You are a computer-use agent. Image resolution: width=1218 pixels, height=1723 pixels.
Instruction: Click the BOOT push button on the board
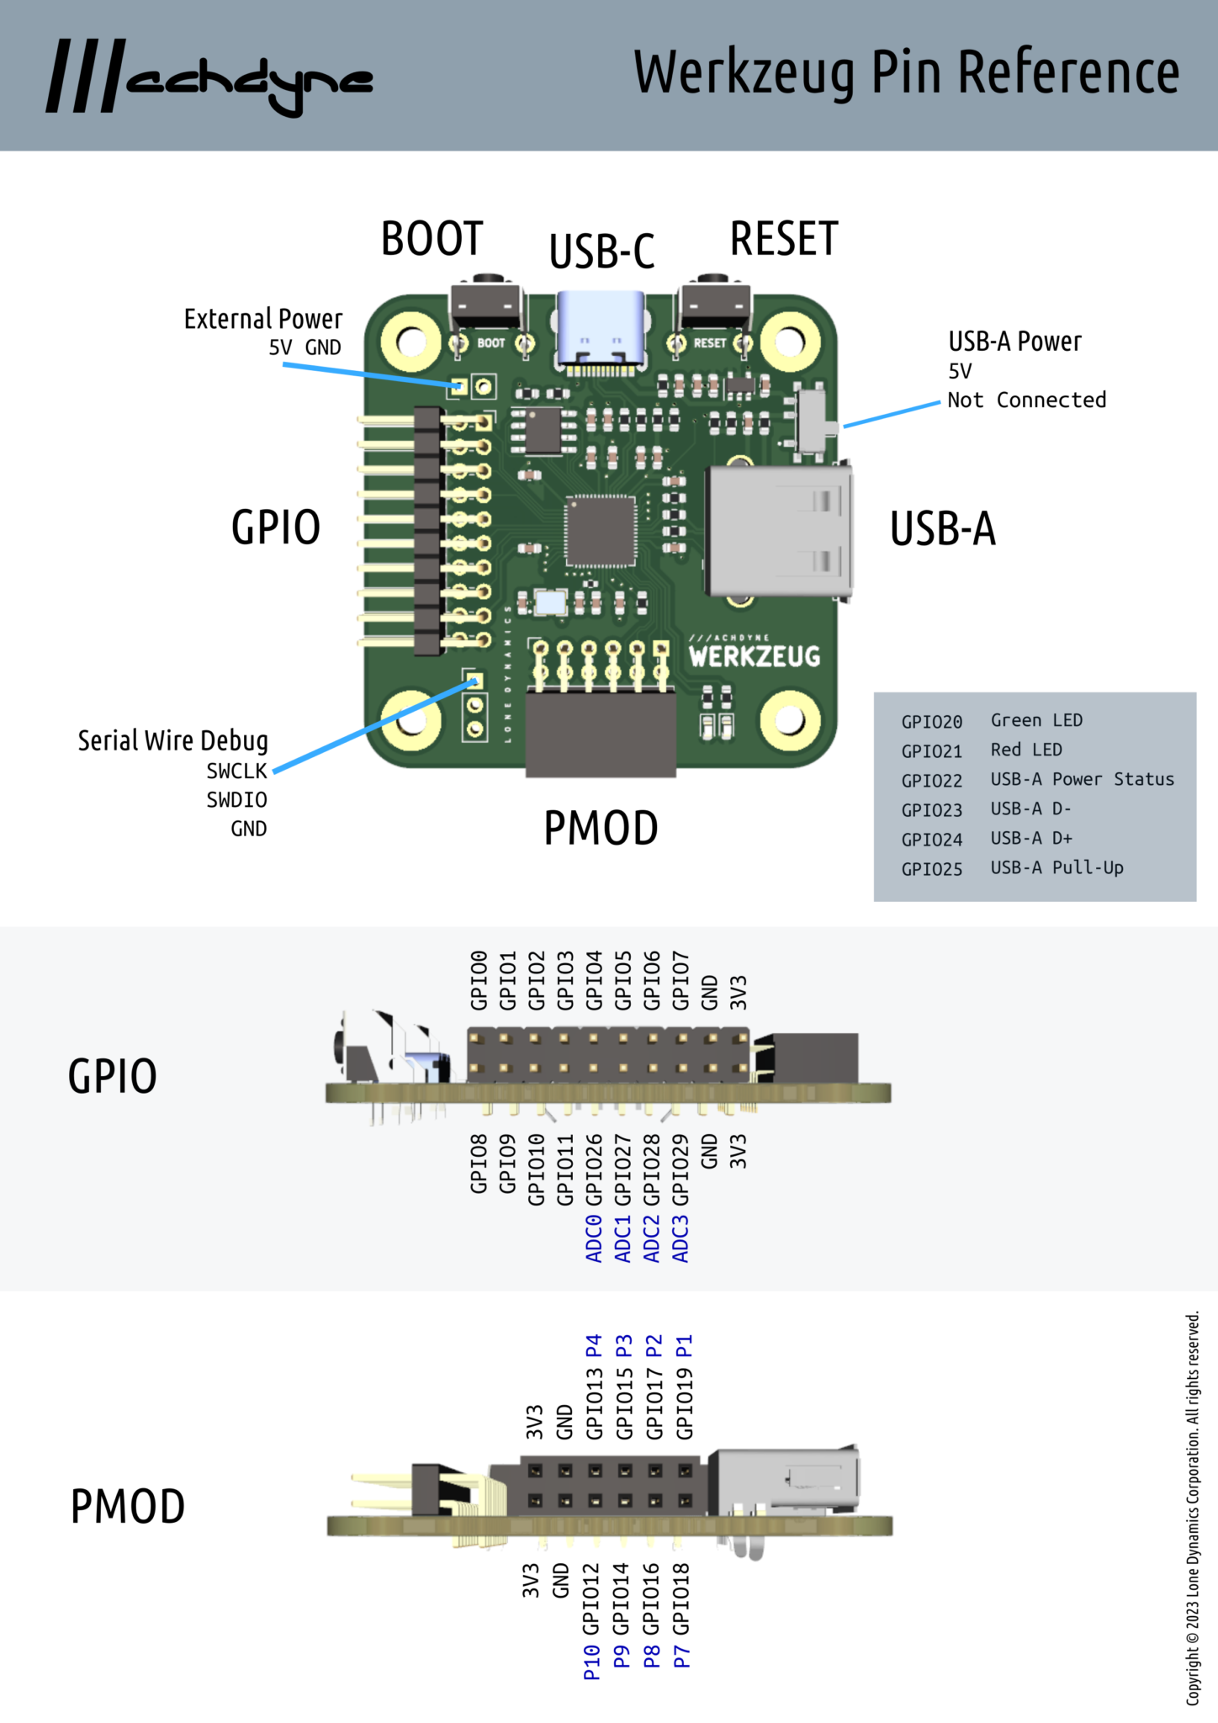click(x=486, y=305)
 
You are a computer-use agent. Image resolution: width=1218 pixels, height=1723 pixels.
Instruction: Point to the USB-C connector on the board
click(x=601, y=330)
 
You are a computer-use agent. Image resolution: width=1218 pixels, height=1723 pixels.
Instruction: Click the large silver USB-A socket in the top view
click(x=778, y=530)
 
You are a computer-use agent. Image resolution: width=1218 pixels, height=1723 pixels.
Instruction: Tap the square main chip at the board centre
click(x=600, y=531)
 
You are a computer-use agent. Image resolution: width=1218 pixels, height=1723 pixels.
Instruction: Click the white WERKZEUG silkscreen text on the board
click(x=754, y=656)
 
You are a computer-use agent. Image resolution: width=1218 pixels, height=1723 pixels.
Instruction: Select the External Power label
click(x=263, y=319)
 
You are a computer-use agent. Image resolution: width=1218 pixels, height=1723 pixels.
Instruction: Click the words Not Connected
click(x=1026, y=400)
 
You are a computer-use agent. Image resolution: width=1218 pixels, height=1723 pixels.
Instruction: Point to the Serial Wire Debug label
click(x=172, y=740)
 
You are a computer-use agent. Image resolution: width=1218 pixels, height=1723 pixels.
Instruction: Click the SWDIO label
click(x=236, y=799)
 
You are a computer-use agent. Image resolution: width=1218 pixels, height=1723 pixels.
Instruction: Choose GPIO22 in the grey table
click(x=931, y=781)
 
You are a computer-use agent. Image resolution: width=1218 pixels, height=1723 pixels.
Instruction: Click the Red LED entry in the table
click(x=1025, y=750)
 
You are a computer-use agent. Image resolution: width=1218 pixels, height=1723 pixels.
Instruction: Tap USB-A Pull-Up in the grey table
click(x=1056, y=867)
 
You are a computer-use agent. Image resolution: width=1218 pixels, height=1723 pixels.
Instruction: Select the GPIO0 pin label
click(x=479, y=980)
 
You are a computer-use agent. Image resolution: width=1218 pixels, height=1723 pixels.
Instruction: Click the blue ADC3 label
click(x=680, y=1238)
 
